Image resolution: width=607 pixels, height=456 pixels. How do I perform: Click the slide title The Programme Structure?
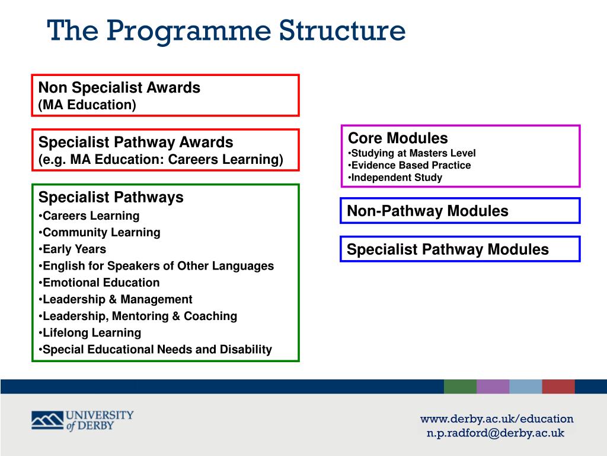pyautogui.click(x=226, y=30)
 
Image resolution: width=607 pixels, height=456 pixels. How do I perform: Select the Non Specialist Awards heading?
pyautogui.click(x=119, y=88)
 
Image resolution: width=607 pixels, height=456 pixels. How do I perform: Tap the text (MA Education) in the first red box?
pyautogui.click(x=87, y=105)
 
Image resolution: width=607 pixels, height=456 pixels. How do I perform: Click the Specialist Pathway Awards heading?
pyautogui.click(x=136, y=142)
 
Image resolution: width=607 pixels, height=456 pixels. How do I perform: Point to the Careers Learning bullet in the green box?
pyautogui.click(x=91, y=216)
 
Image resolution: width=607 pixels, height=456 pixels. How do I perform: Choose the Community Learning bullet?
pyautogui.click(x=101, y=233)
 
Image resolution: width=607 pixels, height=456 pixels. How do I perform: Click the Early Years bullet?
pyautogui.click(x=74, y=249)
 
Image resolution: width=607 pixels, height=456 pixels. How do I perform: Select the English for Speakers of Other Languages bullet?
pyautogui.click(x=158, y=266)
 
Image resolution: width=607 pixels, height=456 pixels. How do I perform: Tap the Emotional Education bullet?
pyautogui.click(x=101, y=283)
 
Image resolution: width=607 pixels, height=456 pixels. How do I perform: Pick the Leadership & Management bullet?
pyautogui.click(x=117, y=299)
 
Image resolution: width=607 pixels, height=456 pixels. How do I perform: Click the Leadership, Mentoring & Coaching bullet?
pyautogui.click(x=140, y=316)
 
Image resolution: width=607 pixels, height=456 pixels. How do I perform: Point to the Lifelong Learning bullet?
pyautogui.click(x=92, y=332)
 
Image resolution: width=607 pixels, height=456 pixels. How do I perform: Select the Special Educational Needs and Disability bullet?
pyautogui.click(x=157, y=350)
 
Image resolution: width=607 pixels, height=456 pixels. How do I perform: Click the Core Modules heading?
pyautogui.click(x=398, y=138)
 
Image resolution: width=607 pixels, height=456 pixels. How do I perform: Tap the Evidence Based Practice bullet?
pyautogui.click(x=411, y=165)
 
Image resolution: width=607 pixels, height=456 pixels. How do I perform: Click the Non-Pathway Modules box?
pyautogui.click(x=459, y=211)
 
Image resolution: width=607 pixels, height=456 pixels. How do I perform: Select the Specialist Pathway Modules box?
pyautogui.click(x=459, y=249)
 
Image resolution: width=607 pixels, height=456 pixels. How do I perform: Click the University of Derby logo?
pyautogui.click(x=82, y=420)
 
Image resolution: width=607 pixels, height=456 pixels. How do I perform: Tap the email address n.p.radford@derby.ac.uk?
pyautogui.click(x=496, y=433)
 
